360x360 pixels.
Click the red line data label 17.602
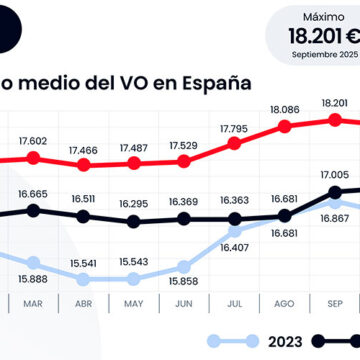33,141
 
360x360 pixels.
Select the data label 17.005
334,174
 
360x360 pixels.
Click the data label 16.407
234,247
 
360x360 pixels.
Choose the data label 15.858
184,268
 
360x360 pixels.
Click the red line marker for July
234,143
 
